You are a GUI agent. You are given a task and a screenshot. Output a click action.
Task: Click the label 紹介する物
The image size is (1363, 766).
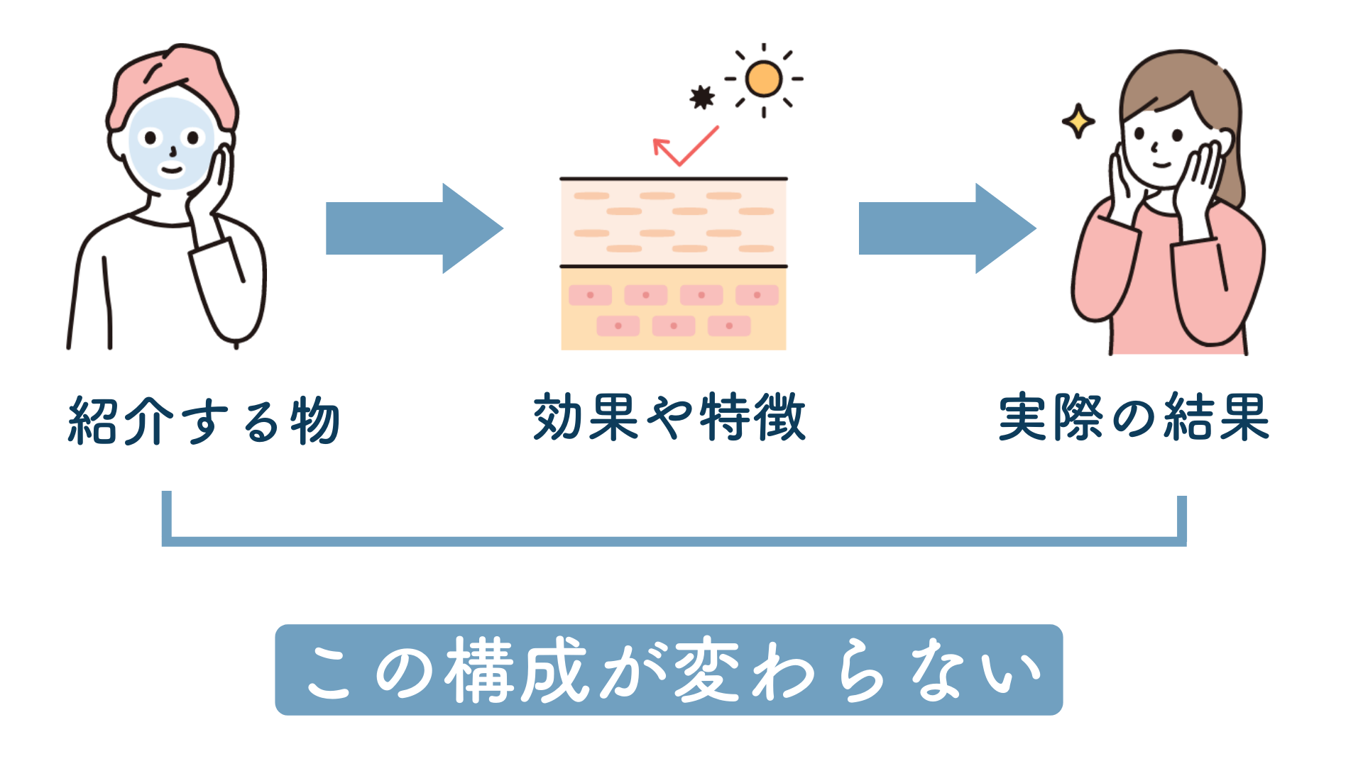204,421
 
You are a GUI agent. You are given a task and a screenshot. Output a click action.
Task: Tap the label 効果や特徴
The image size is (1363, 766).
669,417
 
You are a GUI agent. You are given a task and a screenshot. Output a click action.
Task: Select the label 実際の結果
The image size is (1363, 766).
1134,417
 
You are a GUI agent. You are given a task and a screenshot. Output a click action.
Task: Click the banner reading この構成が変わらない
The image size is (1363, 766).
669,670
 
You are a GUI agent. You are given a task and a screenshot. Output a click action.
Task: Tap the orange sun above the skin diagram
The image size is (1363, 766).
764,79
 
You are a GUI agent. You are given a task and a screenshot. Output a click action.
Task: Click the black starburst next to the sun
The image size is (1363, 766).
702,97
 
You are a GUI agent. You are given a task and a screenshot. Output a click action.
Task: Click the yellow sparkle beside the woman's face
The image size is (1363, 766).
1078,121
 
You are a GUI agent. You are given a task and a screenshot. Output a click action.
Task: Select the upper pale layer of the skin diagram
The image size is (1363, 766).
673,222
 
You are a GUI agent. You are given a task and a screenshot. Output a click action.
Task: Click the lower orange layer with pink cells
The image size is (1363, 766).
673,309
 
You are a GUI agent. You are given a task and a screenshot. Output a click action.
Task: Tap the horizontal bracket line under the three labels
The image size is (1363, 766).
673,542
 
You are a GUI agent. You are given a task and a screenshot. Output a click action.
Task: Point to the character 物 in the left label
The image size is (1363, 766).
315,421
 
